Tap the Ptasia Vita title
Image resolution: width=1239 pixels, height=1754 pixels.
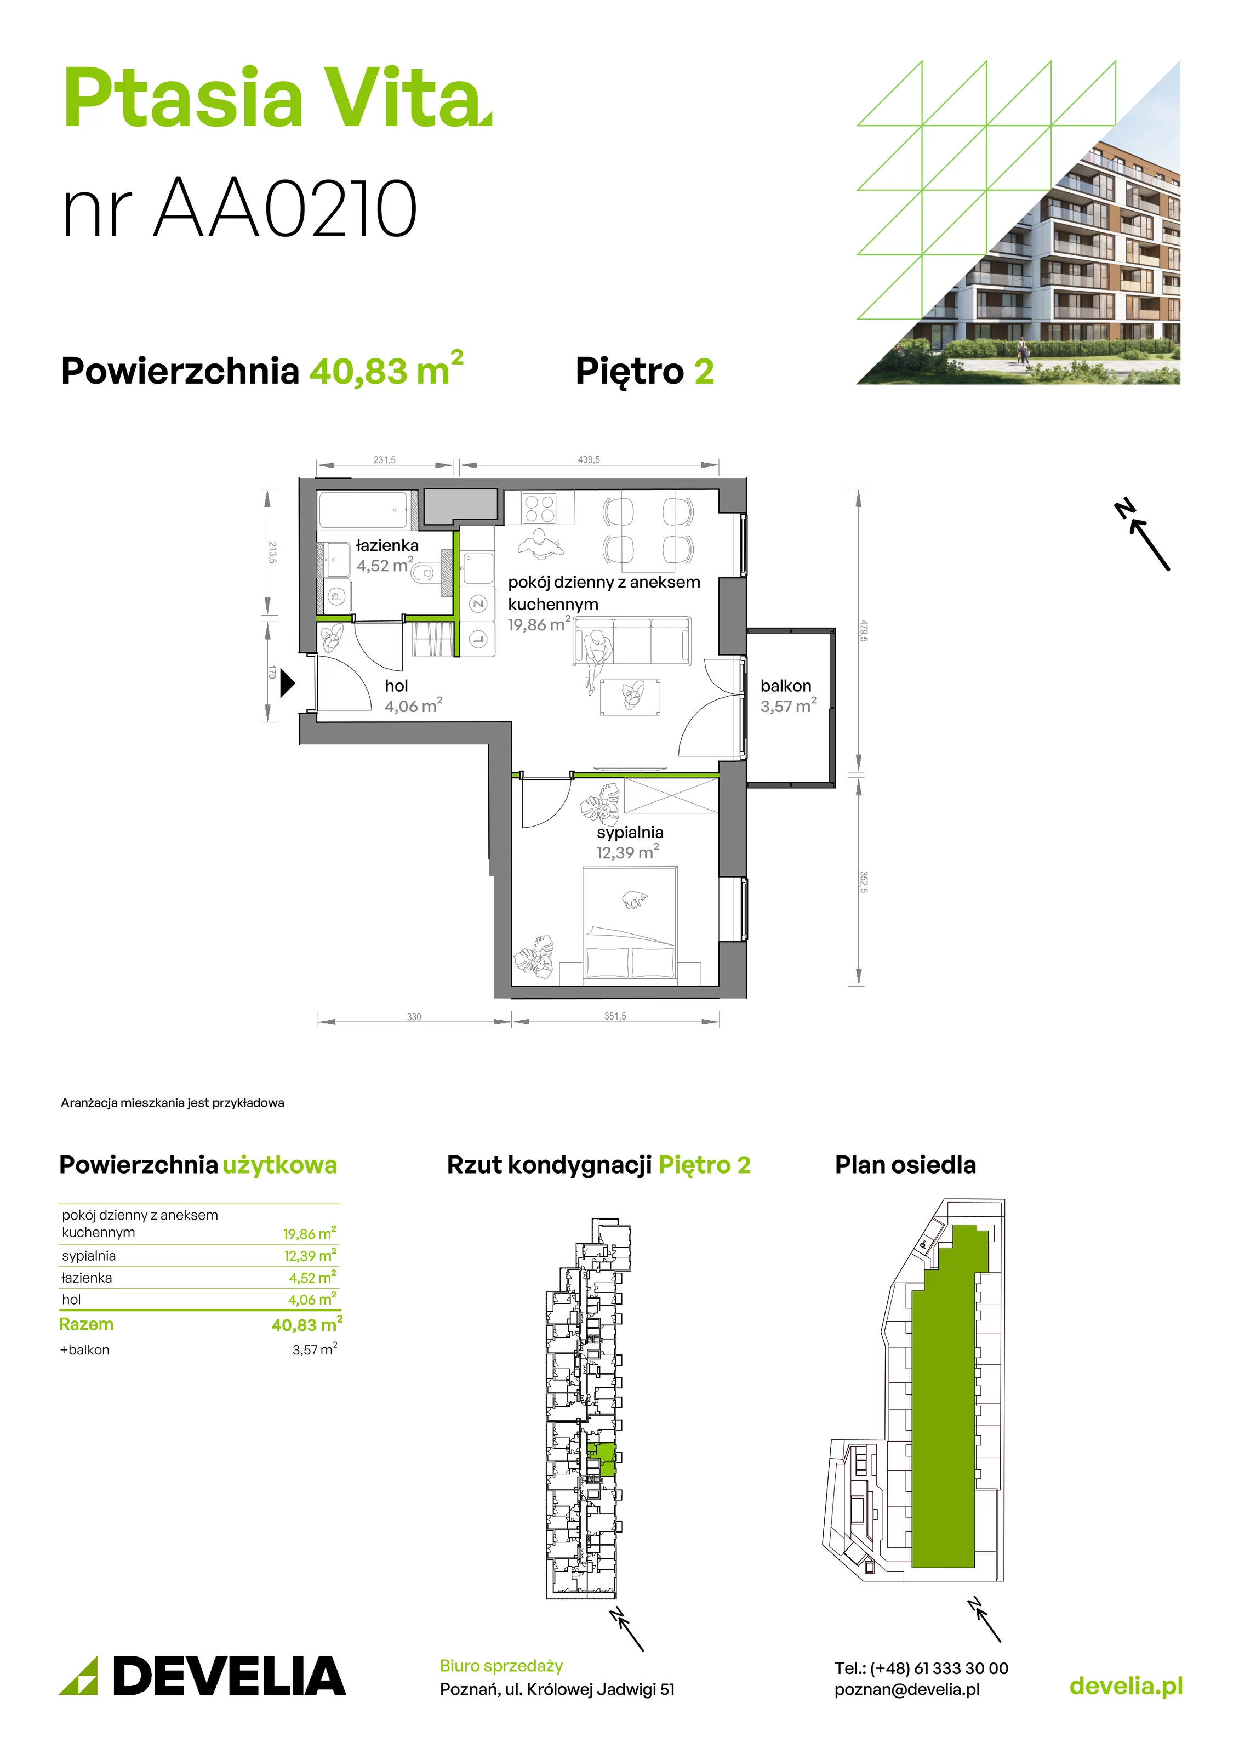coord(277,99)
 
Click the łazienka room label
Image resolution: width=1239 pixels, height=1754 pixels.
coord(387,545)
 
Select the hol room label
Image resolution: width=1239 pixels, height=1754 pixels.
coord(396,686)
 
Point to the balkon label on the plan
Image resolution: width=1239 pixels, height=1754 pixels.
coord(785,686)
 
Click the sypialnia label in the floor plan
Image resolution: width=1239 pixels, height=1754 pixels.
coord(630,833)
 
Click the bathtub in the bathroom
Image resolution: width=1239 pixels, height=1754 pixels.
coord(364,510)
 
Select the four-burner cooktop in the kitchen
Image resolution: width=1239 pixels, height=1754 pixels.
coord(539,507)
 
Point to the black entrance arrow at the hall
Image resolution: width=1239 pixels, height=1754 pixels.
coord(287,683)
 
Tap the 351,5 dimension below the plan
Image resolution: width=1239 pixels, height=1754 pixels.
coord(615,1016)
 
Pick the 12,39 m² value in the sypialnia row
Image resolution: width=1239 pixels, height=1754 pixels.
coord(310,1256)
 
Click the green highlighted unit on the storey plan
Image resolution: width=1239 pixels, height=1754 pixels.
coord(604,1460)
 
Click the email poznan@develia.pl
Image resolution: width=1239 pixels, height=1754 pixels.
coord(907,1690)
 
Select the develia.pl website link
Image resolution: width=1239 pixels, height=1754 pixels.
coord(1126,1686)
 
